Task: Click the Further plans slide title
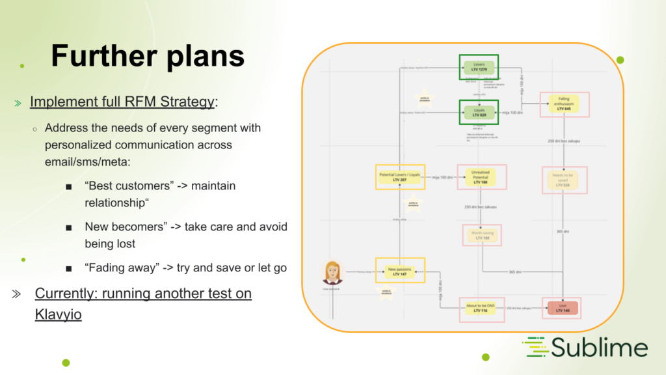(x=148, y=56)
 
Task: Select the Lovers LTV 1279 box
(x=478, y=67)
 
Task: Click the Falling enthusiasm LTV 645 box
(x=563, y=104)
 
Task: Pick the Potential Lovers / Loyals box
(x=400, y=176)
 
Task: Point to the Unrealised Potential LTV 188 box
(x=481, y=176)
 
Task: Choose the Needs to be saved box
(x=564, y=180)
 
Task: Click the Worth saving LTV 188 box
(x=481, y=235)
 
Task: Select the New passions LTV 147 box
(x=400, y=271)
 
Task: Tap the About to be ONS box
(x=481, y=307)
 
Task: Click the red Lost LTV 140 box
(x=561, y=307)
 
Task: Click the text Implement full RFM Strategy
(x=122, y=102)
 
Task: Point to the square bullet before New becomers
(x=68, y=228)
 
